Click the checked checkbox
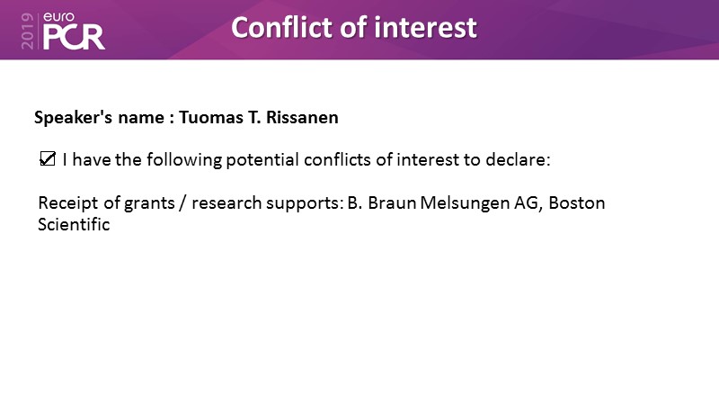(48, 159)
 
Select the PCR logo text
(74, 38)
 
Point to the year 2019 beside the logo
(27, 31)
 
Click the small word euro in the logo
(58, 17)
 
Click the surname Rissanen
(302, 118)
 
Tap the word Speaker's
(74, 119)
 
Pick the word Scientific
(74, 224)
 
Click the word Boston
(577, 203)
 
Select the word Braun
(392, 203)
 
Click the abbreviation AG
(528, 203)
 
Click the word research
(226, 203)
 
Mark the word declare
(518, 160)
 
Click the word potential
(262, 161)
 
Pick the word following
(184, 161)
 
